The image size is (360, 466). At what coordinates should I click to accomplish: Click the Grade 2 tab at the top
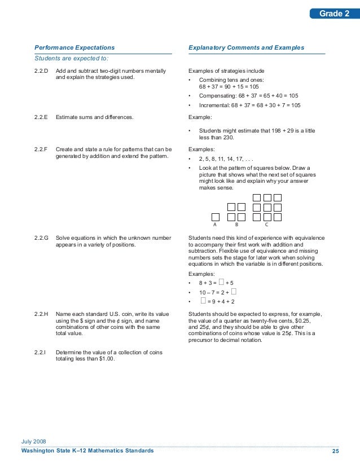coord(335,14)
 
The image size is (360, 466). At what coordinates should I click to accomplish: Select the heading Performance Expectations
coord(74,48)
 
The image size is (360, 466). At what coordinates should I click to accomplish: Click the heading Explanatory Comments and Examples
coord(246,48)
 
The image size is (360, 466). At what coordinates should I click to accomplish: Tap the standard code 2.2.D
coord(41,71)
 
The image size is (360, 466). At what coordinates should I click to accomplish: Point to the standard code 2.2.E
coord(41,117)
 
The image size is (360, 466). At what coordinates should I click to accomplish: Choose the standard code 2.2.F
coord(41,149)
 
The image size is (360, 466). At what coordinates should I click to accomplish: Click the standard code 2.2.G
coord(41,239)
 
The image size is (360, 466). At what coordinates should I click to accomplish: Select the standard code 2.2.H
coord(41,313)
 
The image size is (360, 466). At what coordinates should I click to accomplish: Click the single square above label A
coord(215,217)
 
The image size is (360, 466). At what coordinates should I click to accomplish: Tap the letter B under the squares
coord(236,224)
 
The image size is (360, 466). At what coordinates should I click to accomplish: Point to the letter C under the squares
coord(266,224)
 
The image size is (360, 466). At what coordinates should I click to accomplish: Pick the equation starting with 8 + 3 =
coord(216,282)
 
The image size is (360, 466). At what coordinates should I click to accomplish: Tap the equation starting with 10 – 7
coord(217,292)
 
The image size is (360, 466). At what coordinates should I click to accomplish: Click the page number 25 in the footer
coord(335,451)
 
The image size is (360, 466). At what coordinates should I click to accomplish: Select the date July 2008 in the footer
coord(34,441)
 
